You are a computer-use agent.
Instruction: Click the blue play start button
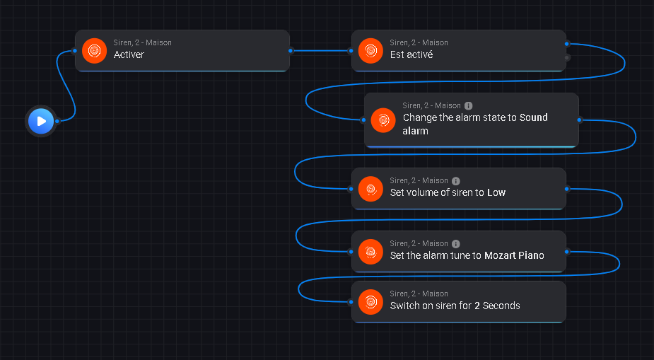(41, 121)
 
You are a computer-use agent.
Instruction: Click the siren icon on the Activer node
(94, 50)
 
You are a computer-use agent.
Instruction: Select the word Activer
(129, 54)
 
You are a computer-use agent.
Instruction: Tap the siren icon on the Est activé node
(370, 50)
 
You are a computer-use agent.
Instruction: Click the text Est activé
(411, 54)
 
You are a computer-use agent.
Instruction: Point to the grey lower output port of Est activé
(567, 57)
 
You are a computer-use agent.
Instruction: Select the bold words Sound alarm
(533, 117)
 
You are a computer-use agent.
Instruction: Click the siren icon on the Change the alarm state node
(383, 120)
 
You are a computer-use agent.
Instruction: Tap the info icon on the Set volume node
(455, 180)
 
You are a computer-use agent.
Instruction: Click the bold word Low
(496, 192)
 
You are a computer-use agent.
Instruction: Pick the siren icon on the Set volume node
(370, 188)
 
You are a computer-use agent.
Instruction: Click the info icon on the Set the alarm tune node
(455, 243)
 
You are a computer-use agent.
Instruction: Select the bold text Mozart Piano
(514, 255)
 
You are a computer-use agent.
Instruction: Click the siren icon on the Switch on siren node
(370, 302)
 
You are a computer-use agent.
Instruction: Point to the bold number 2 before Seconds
(477, 306)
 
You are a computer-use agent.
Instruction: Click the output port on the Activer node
(291, 50)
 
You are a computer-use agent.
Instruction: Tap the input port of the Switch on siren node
(351, 302)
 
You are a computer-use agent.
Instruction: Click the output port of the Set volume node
(567, 189)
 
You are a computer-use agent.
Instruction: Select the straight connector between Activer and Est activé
(321, 50)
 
